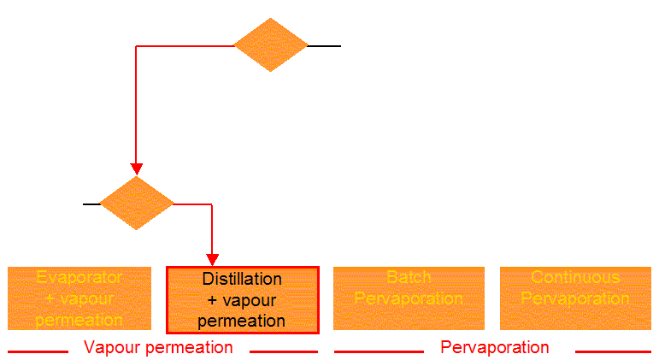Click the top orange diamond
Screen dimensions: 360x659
pos(270,45)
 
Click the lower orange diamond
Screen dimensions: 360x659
pos(137,204)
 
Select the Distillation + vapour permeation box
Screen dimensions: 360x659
pos(243,300)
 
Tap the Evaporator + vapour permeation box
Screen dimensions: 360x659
pos(79,298)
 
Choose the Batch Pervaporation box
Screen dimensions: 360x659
pos(409,298)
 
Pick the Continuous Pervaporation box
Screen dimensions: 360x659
pos(575,298)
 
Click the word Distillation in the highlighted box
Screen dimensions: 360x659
pos(242,279)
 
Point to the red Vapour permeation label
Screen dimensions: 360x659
pos(158,347)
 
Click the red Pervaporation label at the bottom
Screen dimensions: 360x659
pos(495,347)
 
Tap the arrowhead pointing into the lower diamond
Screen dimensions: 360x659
pos(136,168)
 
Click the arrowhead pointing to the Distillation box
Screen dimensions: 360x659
pos(213,259)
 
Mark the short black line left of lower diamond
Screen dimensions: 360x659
pos(91,204)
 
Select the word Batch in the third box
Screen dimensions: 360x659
pos(409,278)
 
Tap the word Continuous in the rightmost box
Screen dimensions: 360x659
pos(575,278)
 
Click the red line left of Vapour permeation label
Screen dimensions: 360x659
pos(38,351)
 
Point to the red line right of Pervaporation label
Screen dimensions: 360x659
pos(612,351)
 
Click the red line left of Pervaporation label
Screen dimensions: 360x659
pos(379,351)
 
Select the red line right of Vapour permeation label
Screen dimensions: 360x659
pos(284,351)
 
